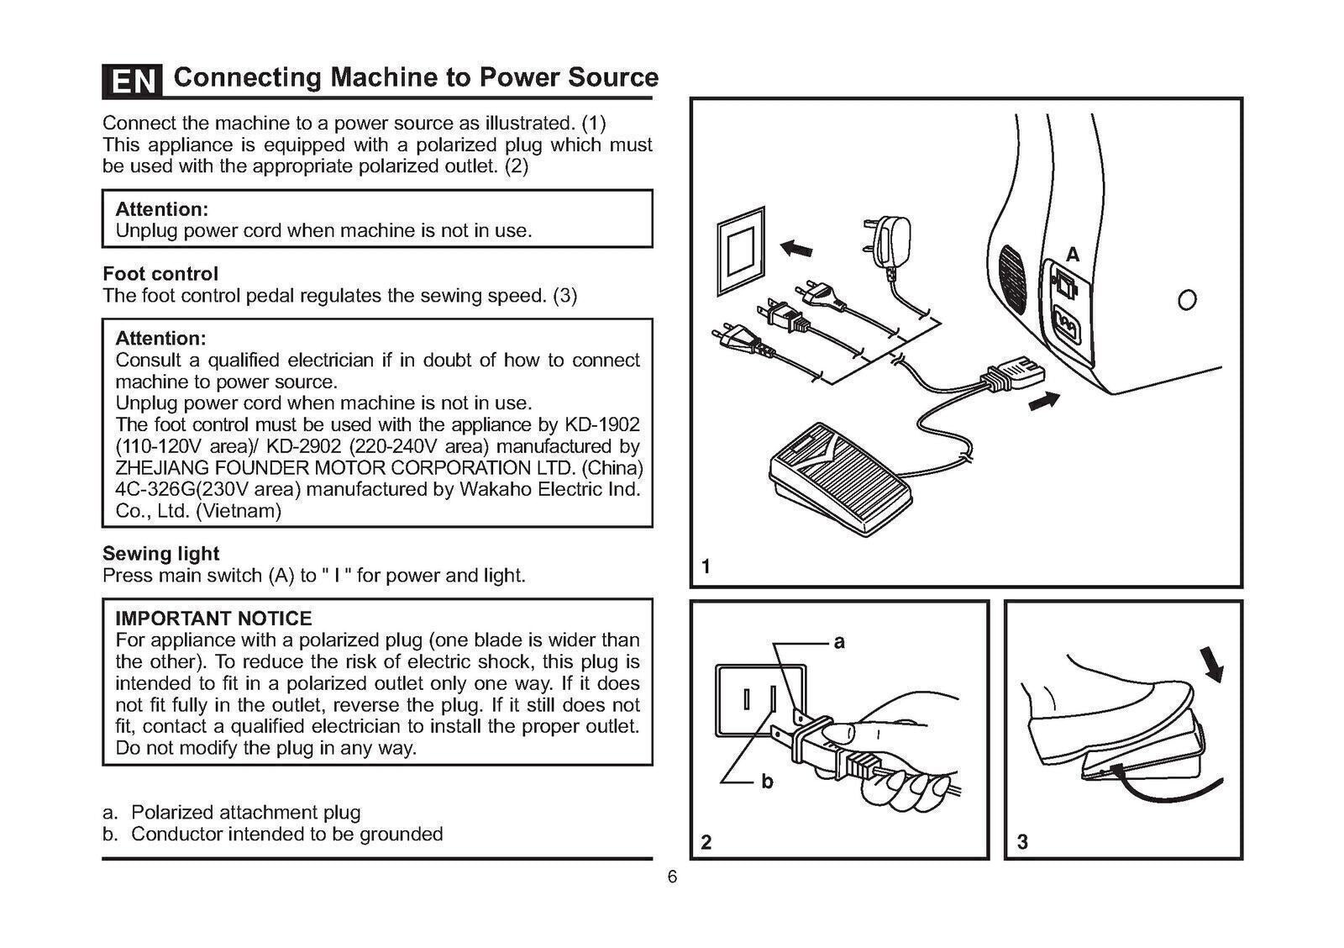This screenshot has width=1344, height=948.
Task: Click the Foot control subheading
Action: [160, 274]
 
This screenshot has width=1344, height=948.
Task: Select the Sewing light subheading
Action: [160, 554]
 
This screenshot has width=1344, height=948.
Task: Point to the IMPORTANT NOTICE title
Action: [213, 619]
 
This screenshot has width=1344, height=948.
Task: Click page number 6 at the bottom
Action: [672, 877]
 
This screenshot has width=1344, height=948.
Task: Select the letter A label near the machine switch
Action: [1073, 255]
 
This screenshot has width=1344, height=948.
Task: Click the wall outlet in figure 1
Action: [741, 250]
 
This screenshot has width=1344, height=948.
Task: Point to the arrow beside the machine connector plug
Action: [1044, 402]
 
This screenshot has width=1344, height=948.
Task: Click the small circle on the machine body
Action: [1187, 299]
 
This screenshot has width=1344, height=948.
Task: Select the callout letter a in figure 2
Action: [838, 643]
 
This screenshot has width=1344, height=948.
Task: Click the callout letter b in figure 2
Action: [766, 782]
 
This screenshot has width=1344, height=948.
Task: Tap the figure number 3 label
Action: [1022, 842]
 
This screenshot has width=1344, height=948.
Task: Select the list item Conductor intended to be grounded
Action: [286, 835]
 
